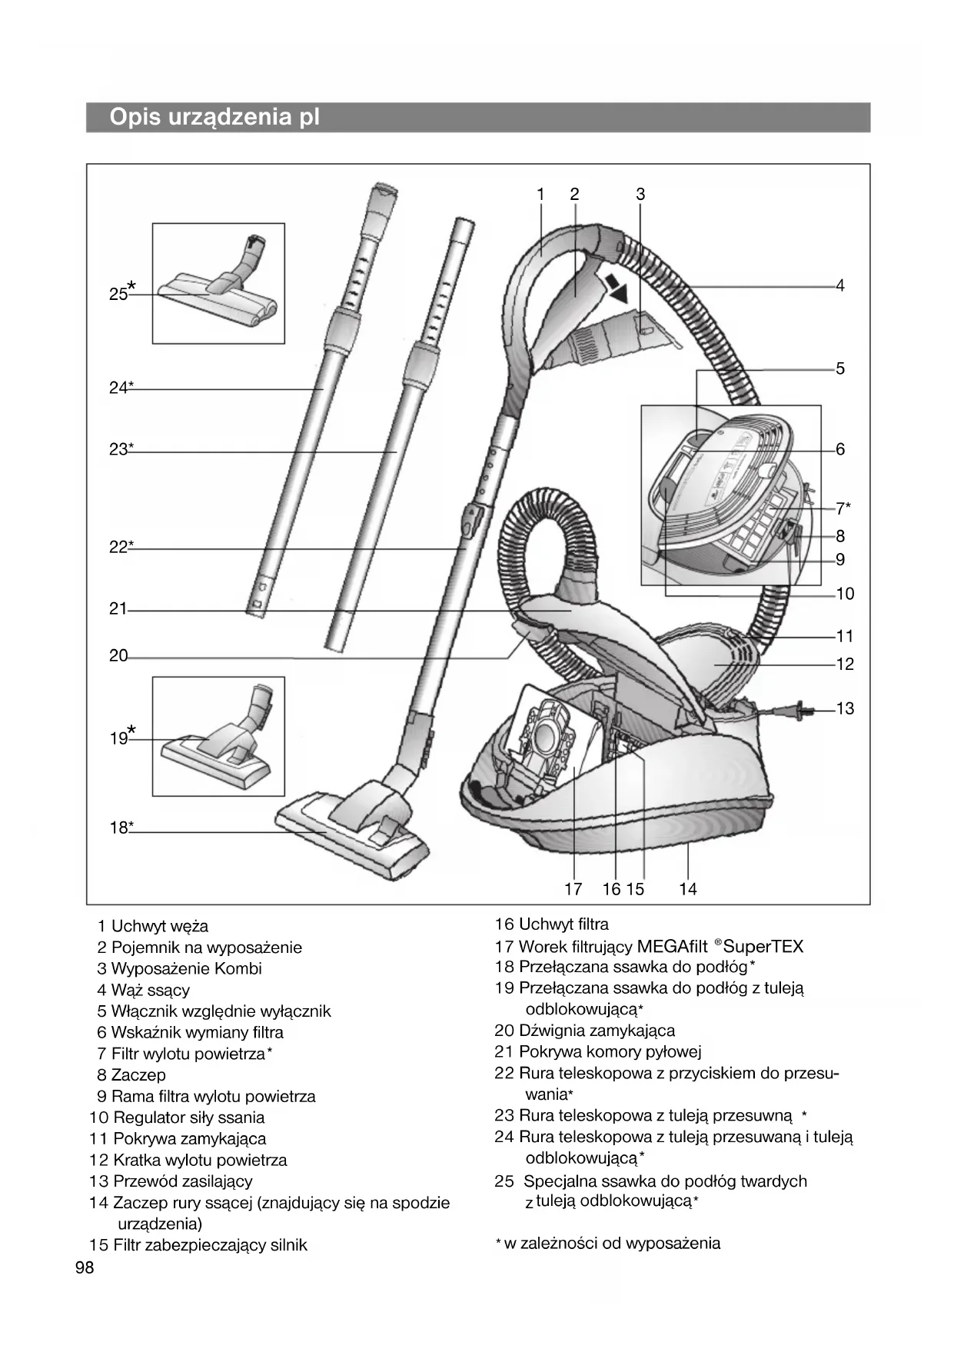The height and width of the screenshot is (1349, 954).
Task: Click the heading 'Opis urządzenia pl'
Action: point(214,118)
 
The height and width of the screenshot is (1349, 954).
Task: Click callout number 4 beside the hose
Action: point(840,286)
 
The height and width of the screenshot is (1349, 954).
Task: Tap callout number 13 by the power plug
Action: point(845,708)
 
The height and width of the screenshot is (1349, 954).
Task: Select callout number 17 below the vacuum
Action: point(573,889)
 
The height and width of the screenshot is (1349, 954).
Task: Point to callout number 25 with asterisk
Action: point(120,293)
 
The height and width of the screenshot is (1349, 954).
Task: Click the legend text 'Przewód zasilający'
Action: point(182,1181)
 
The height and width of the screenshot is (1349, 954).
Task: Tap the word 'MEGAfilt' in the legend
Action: point(672,946)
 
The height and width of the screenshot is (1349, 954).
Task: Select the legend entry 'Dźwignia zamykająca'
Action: point(597,1031)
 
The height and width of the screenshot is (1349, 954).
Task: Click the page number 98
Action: point(85,1267)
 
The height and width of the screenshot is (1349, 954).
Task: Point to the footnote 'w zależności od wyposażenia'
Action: point(612,1243)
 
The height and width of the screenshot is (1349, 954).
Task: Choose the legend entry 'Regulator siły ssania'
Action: point(188,1118)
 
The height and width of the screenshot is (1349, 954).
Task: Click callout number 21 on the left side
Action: point(118,609)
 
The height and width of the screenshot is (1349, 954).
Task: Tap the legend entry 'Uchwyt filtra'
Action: point(563,924)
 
